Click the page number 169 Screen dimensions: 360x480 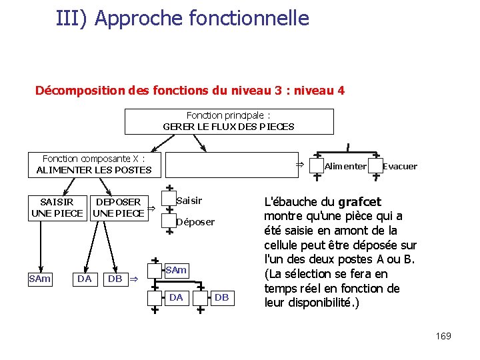(x=443, y=336)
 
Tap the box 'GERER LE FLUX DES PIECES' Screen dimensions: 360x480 (x=229, y=121)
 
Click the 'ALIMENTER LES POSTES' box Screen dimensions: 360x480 (x=94, y=165)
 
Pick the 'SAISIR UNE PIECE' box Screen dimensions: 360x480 (x=57, y=207)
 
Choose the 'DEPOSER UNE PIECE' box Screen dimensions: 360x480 (x=119, y=207)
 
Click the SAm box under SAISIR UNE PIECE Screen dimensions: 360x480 (x=40, y=279)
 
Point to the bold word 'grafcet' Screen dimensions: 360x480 (x=359, y=201)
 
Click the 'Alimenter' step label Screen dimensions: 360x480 (x=345, y=166)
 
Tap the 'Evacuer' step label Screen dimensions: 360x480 (x=400, y=166)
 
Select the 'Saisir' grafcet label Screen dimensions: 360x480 (x=189, y=201)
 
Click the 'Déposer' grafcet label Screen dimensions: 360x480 (x=195, y=222)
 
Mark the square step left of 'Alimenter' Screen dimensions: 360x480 (x=316, y=165)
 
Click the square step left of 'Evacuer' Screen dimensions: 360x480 (x=375, y=165)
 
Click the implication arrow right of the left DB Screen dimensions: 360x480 (x=133, y=279)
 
